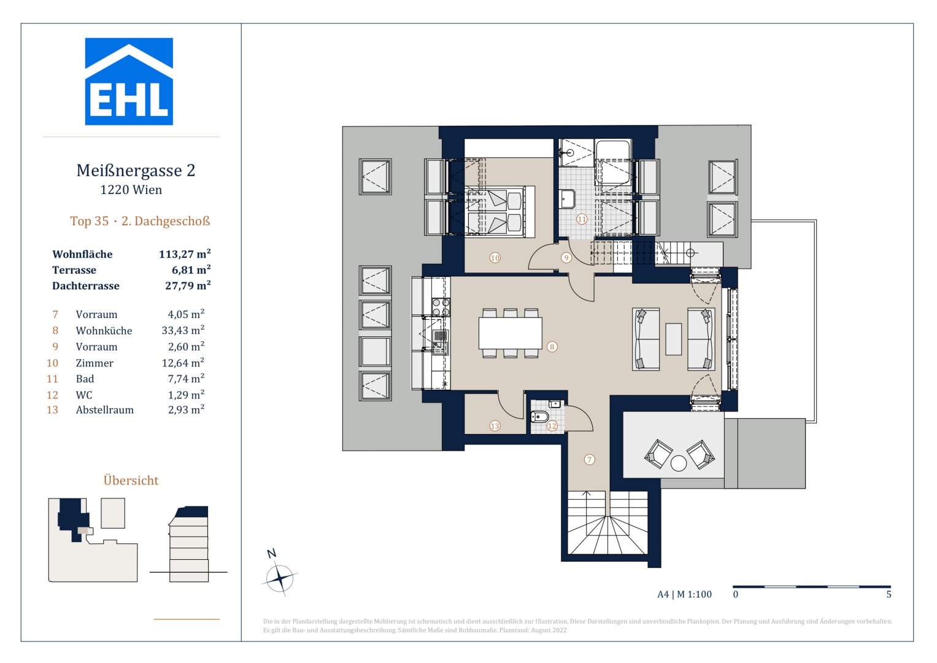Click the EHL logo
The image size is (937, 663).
pyautogui.click(x=129, y=82)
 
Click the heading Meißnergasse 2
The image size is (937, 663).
pyautogui.click(x=136, y=171)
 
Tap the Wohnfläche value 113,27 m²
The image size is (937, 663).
pyautogui.click(x=185, y=254)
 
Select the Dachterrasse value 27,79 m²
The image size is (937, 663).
pyautogui.click(x=188, y=285)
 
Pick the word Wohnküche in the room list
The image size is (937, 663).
pyautogui.click(x=104, y=331)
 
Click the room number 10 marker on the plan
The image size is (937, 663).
pyautogui.click(x=495, y=258)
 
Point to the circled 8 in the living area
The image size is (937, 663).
pyautogui.click(x=552, y=347)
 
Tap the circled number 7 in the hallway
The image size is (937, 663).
pyautogui.click(x=589, y=459)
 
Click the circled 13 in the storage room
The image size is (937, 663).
pyautogui.click(x=495, y=425)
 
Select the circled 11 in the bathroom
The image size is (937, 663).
pyautogui.click(x=582, y=219)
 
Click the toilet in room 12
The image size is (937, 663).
pyautogui.click(x=539, y=417)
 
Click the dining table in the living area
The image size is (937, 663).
pyautogui.click(x=510, y=333)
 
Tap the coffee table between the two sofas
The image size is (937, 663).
pyautogui.click(x=673, y=339)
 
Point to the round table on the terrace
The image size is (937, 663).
pyautogui.click(x=678, y=463)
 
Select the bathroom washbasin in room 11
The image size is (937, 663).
pyautogui.click(x=567, y=199)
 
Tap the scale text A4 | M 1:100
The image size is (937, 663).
pyautogui.click(x=684, y=594)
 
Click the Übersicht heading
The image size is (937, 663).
pyautogui.click(x=131, y=481)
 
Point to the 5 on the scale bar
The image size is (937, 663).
pyautogui.click(x=889, y=594)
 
